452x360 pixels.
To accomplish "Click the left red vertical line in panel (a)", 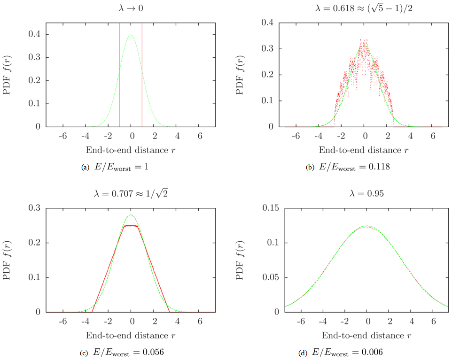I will pyautogui.click(x=119, y=75).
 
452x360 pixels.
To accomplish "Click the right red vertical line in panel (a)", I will pyautogui.click(x=142, y=75).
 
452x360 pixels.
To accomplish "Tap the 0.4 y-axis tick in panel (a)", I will pyautogui.click(x=35, y=34).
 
